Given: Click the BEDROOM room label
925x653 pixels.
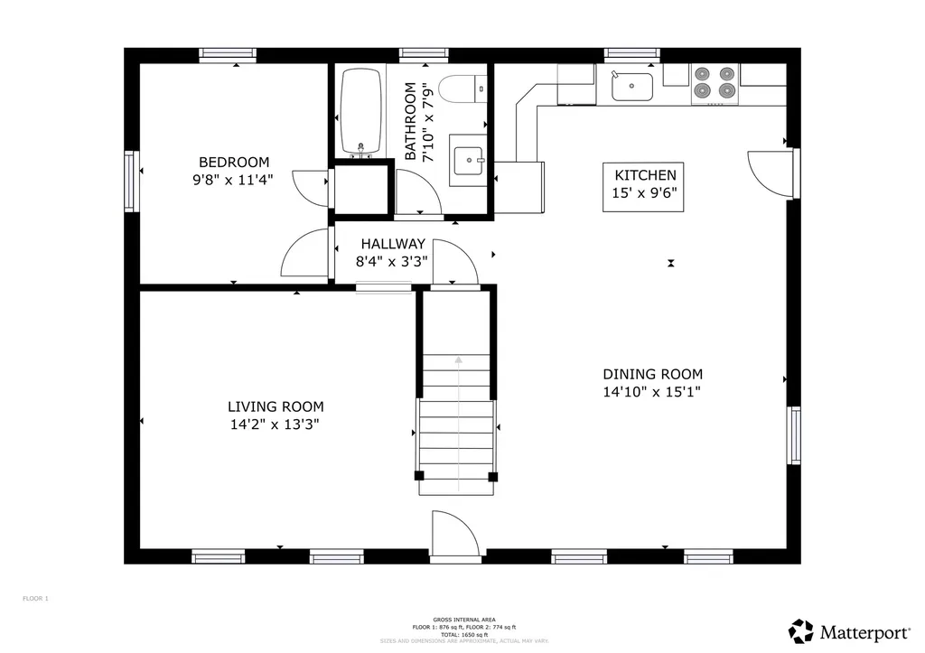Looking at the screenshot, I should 234,163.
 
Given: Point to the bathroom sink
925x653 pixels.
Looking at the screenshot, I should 469,161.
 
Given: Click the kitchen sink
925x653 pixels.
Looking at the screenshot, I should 632,87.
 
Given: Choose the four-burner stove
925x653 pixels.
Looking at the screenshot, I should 714,83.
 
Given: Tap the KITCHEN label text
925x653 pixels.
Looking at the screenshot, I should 644,175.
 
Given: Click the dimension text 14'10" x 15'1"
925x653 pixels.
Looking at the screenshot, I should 652,392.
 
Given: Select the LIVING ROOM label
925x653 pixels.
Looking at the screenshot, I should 276,407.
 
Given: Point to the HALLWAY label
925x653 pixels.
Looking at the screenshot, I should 393,244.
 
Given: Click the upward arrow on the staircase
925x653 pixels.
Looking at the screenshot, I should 458,360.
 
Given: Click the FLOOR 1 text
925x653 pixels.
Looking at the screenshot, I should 35,598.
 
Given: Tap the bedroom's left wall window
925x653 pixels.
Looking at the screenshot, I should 131,181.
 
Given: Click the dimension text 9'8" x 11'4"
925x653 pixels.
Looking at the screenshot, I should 232,180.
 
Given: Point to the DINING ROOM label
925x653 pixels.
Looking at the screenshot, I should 652,374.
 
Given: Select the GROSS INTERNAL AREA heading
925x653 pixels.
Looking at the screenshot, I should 462,619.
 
